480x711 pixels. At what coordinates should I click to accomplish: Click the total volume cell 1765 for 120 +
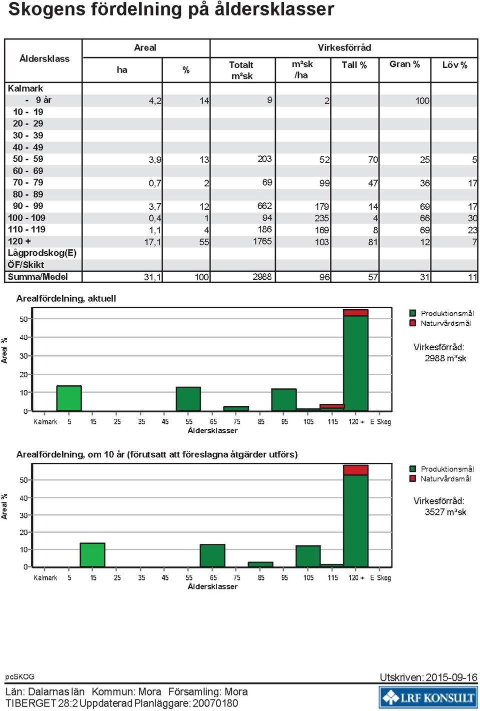tap(262, 242)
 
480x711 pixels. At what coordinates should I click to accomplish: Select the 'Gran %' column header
tap(404, 65)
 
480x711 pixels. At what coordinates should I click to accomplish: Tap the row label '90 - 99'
tap(28, 206)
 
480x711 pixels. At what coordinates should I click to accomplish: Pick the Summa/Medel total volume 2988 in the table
tap(262, 277)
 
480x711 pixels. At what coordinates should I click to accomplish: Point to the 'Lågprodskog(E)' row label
tap(42, 253)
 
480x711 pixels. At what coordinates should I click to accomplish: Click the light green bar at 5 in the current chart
tap(69, 398)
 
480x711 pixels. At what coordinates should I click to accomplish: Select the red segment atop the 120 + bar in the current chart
tap(355, 313)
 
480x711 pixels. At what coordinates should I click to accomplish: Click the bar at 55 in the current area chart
tap(188, 399)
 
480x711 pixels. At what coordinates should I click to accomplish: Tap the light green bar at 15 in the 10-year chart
tap(92, 555)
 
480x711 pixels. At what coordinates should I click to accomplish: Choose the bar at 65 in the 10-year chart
tap(212, 555)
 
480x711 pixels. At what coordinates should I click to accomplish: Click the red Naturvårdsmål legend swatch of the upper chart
tap(412, 323)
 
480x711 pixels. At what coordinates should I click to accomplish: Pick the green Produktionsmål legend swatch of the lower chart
tap(412, 469)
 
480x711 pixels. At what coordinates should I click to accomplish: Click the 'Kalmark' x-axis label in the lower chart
tap(45, 578)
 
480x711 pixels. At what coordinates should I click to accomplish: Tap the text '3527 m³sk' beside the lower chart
tap(445, 512)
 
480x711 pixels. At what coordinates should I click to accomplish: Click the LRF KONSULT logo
tap(428, 697)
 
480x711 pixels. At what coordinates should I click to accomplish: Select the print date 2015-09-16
tap(451, 677)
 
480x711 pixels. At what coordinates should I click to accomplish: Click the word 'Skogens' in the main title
tap(47, 10)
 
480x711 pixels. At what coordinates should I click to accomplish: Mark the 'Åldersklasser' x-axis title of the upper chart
tap(212, 431)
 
